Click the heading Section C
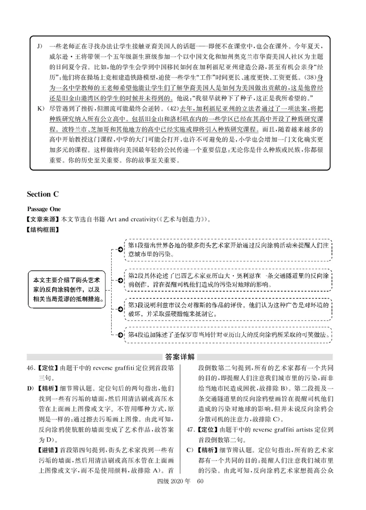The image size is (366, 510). (45, 195)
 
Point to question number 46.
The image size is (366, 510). (31, 367)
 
